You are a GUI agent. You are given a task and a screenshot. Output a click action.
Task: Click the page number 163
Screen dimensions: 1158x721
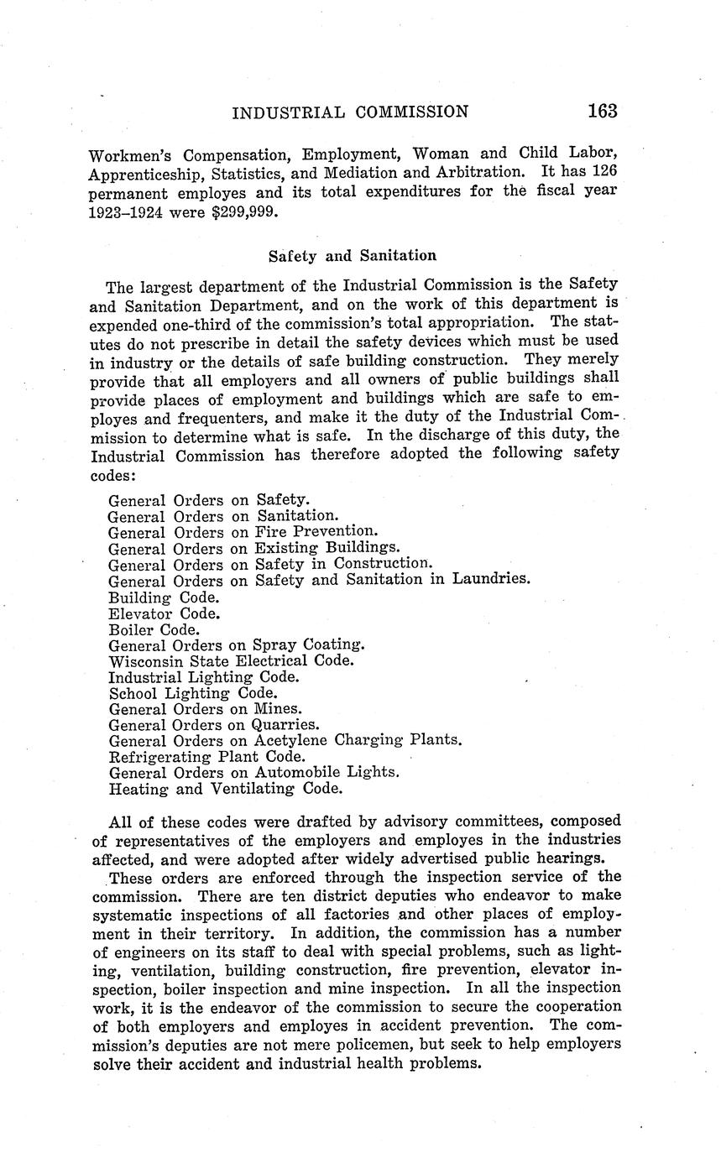coord(602,111)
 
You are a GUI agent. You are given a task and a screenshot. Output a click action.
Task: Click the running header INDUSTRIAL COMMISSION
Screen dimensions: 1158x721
coord(350,112)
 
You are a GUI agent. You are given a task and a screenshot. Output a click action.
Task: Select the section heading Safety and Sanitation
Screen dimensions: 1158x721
coord(352,255)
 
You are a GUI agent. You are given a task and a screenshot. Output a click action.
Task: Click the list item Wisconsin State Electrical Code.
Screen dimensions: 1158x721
coord(232,661)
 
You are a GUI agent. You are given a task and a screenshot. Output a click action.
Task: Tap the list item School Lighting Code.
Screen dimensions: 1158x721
coord(193,693)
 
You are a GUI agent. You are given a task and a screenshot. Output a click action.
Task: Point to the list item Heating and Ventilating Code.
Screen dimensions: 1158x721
coord(226,789)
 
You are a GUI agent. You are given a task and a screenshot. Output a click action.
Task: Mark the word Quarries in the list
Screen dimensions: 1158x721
coord(285,725)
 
